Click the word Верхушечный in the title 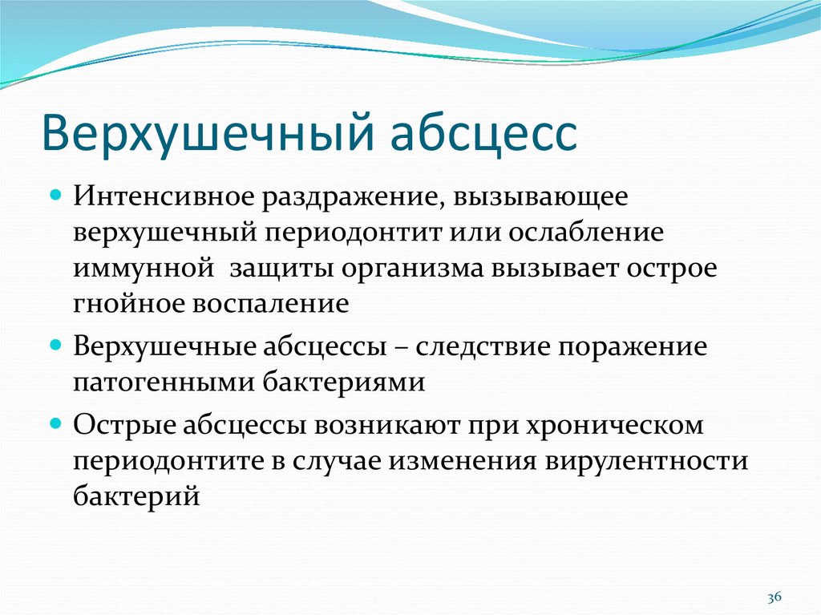(208, 131)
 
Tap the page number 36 (774, 597)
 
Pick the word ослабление (586, 232)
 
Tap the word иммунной (144, 269)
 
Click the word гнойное (129, 304)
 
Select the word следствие (481, 346)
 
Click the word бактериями (343, 382)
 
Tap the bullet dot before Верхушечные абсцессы (56, 346)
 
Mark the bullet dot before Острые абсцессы (56, 423)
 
